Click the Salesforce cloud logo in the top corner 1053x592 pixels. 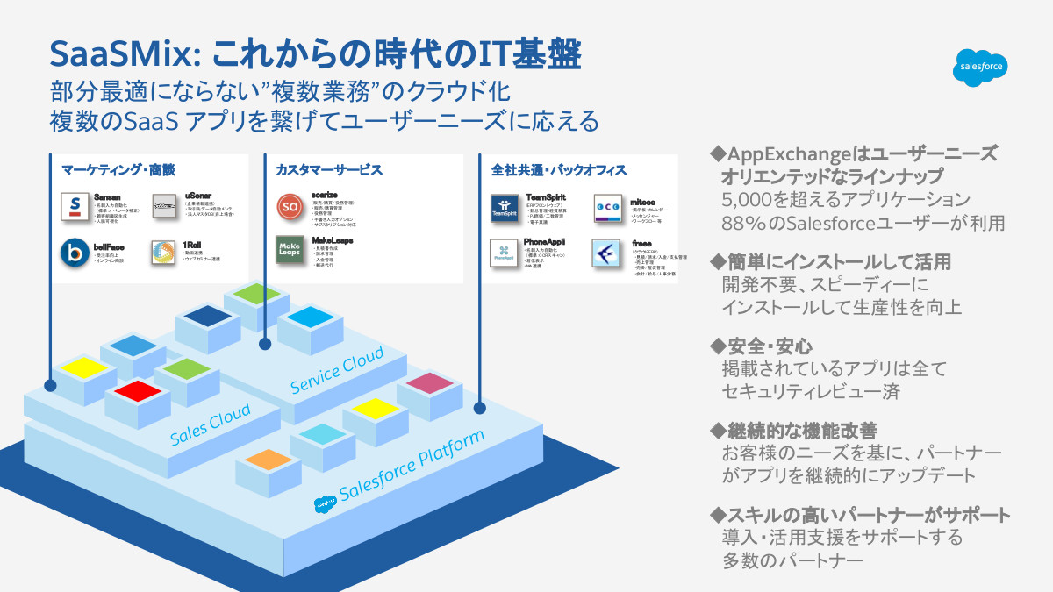click(982, 67)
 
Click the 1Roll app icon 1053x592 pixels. click(164, 253)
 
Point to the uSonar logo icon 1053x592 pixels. click(164, 207)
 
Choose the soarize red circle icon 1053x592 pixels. click(290, 207)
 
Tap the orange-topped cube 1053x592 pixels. click(263, 459)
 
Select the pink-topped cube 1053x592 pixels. click(429, 383)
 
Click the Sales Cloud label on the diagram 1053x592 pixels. click(211, 424)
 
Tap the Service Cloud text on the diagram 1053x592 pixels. click(337, 369)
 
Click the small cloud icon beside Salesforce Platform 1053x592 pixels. click(322, 503)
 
